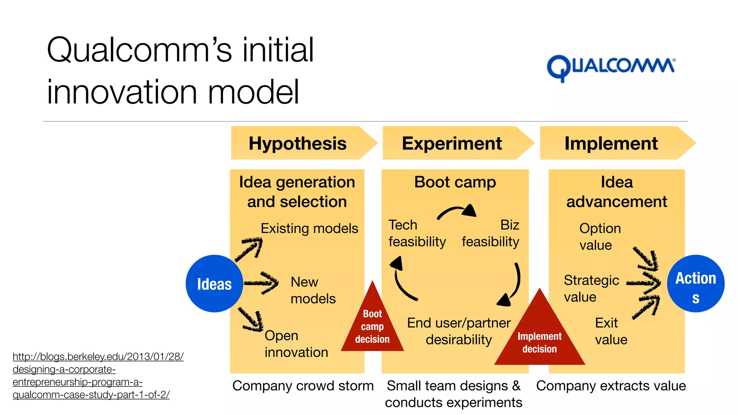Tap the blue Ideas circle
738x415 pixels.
pos(214,284)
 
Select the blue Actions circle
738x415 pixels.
pos(695,284)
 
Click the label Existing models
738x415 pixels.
pos(309,228)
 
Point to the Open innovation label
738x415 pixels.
pos(296,344)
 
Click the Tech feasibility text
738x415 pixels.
pos(417,233)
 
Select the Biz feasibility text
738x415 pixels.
pos(490,233)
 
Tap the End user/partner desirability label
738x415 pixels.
pos(459,331)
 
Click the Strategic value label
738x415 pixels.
pos(591,288)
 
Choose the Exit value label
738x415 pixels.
pos(611,331)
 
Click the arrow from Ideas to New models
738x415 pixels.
pos(261,283)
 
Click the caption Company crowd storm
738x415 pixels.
pos(303,386)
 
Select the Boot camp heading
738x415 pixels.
pos(455,182)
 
